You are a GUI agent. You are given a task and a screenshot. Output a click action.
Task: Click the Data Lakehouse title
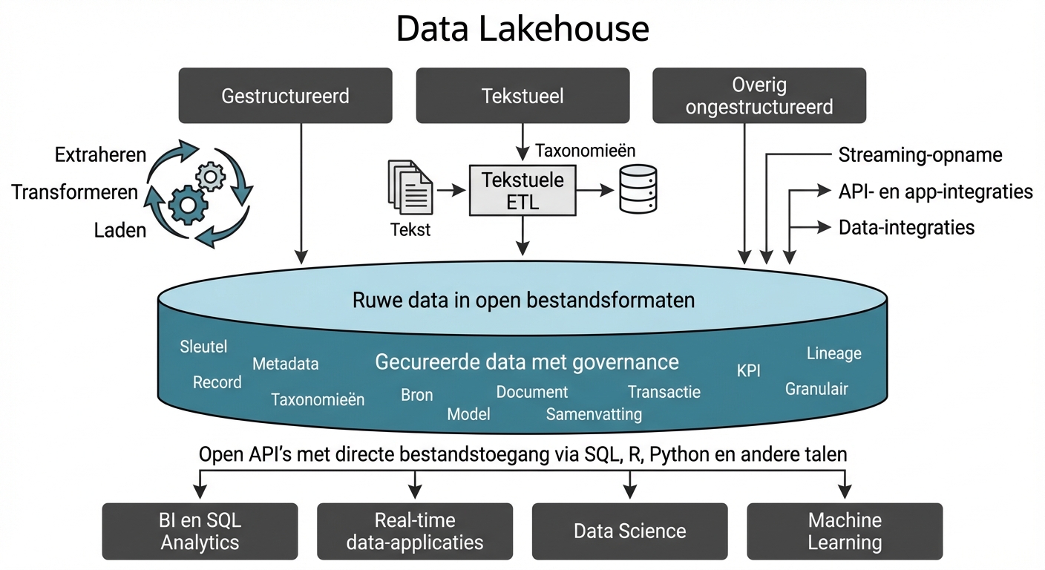(x=522, y=30)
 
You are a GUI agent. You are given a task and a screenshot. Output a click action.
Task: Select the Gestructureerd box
(x=285, y=96)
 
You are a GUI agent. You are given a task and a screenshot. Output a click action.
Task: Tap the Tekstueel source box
(x=522, y=96)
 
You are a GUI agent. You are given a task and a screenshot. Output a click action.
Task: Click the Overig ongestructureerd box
(x=759, y=96)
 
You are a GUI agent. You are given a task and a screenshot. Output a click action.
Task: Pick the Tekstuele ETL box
(x=522, y=191)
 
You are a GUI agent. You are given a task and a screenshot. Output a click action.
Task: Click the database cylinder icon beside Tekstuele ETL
(x=638, y=190)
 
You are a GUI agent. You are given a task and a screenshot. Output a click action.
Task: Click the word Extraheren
(x=100, y=156)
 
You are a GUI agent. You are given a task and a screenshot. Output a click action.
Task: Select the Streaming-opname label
(x=920, y=155)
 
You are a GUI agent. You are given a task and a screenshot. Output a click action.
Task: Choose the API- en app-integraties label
(x=935, y=191)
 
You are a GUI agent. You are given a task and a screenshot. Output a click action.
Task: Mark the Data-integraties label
(x=906, y=227)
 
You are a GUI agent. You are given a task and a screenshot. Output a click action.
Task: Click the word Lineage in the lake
(x=833, y=353)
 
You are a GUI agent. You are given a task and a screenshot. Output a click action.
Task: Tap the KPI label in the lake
(x=748, y=371)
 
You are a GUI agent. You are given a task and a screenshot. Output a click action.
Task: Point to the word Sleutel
(x=203, y=347)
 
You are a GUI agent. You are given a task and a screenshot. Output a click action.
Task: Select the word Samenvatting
(x=594, y=414)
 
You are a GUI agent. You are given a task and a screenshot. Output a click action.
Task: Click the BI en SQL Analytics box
(x=200, y=531)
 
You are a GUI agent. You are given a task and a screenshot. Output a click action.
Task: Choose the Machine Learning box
(x=845, y=531)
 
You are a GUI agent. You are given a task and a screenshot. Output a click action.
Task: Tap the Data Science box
(x=629, y=531)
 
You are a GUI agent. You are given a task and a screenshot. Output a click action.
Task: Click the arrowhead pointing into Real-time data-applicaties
(x=415, y=492)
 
